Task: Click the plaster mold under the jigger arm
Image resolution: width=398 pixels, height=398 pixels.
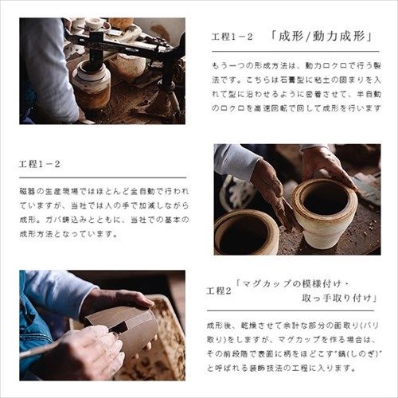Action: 92,84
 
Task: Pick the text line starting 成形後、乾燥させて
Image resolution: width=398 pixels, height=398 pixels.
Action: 295,325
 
